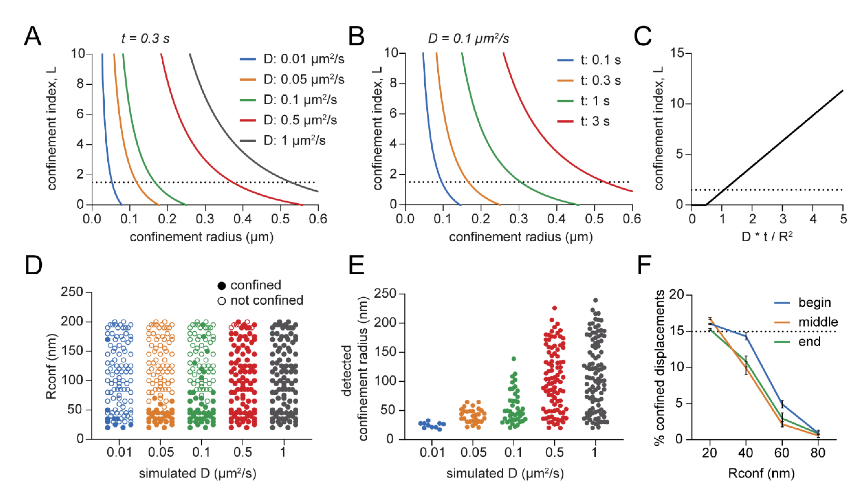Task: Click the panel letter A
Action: [33, 37]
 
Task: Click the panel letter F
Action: [644, 265]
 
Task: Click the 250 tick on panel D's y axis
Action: [72, 292]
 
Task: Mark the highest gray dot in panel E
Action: [595, 300]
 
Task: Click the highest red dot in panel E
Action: [555, 308]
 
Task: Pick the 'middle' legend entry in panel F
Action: [817, 322]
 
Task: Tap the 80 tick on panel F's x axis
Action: [818, 453]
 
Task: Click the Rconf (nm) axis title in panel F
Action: [761, 473]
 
